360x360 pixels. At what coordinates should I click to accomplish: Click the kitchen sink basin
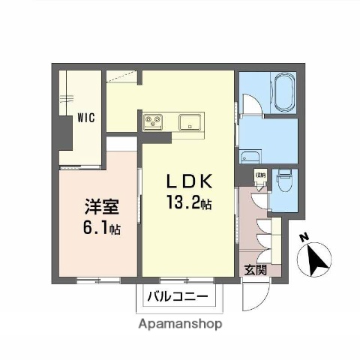[x=189, y=120]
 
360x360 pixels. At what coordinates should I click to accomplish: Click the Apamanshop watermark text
[x=180, y=325]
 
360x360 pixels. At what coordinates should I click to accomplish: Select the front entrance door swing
[x=253, y=300]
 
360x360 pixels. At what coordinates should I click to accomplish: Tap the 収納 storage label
[x=260, y=176]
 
